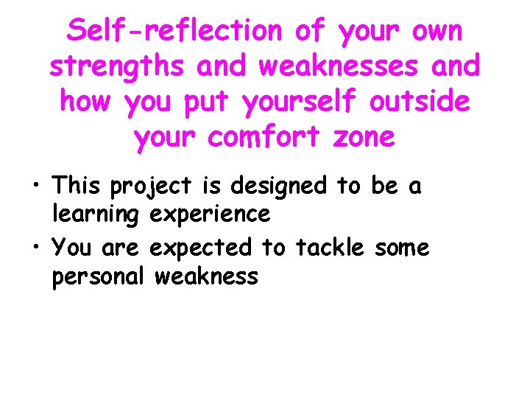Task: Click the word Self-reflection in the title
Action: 174,31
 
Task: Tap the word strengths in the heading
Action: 116,66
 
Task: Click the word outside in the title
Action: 419,101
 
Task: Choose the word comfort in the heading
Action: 276,136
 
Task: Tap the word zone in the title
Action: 364,137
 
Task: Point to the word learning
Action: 95,215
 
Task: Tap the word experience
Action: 210,215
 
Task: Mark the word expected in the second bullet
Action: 200,248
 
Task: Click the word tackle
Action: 329,248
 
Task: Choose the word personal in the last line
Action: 99,277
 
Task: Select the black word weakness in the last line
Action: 208,276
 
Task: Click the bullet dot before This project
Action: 37,186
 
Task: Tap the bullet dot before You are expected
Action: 37,248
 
